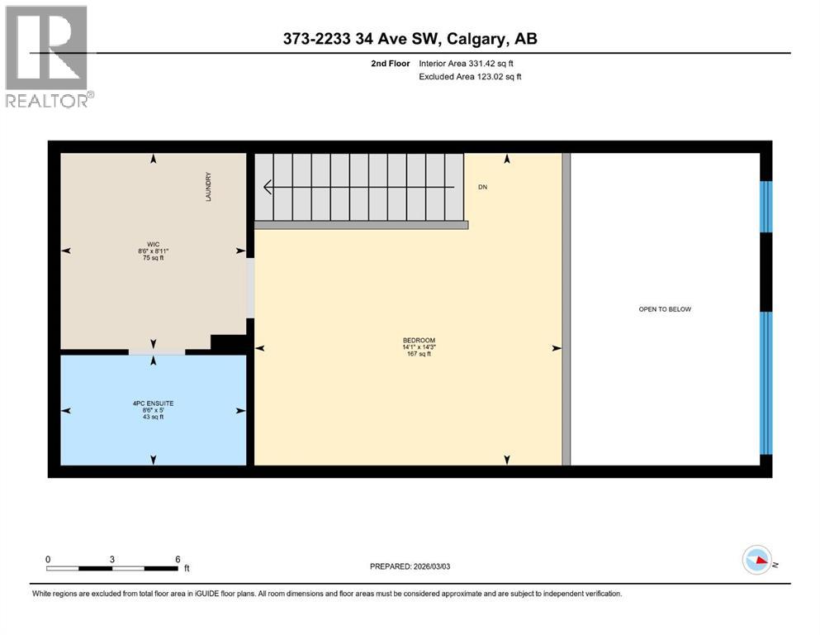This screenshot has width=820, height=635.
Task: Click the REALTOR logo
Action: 48,56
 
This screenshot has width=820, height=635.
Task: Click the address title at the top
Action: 410,39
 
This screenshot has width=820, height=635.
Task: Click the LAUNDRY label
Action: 210,186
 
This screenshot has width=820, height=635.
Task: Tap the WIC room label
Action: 153,245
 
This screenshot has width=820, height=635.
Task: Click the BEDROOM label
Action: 419,341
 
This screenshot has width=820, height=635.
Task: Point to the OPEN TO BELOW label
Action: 665,309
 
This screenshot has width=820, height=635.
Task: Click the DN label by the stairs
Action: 483,188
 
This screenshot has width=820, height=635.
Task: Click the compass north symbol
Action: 757,561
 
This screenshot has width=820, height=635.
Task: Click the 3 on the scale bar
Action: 112,558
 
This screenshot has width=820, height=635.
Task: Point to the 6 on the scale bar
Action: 178,558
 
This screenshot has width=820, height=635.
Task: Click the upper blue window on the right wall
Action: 765,206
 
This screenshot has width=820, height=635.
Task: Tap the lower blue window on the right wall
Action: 765,383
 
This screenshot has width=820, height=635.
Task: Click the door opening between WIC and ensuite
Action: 157,353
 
